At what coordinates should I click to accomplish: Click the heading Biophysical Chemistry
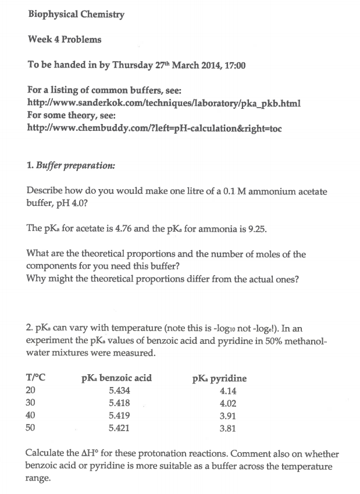tap(76, 15)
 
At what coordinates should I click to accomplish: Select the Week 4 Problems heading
tap(65, 40)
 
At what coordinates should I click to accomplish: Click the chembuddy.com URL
tap(155, 127)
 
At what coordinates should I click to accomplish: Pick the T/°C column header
tap(36, 378)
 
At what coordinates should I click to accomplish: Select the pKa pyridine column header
tap(219, 378)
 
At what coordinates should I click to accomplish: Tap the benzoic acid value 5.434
tap(119, 391)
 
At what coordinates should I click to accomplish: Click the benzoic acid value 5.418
tap(119, 403)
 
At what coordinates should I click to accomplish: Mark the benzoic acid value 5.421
tap(119, 428)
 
